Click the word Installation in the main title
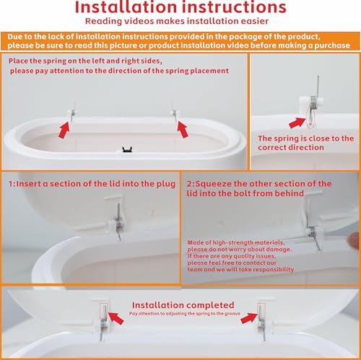pos(126,7)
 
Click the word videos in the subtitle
pos(139,21)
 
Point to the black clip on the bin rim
pos(127,149)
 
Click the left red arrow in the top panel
pos(64,130)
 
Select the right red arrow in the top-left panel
pos(183,129)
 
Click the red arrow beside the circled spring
pos(297,123)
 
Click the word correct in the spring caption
pos(271,147)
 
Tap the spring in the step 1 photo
pos(118,222)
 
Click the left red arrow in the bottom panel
pos(116,318)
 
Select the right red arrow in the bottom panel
pos(249,317)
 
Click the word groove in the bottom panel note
pos(233,314)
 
